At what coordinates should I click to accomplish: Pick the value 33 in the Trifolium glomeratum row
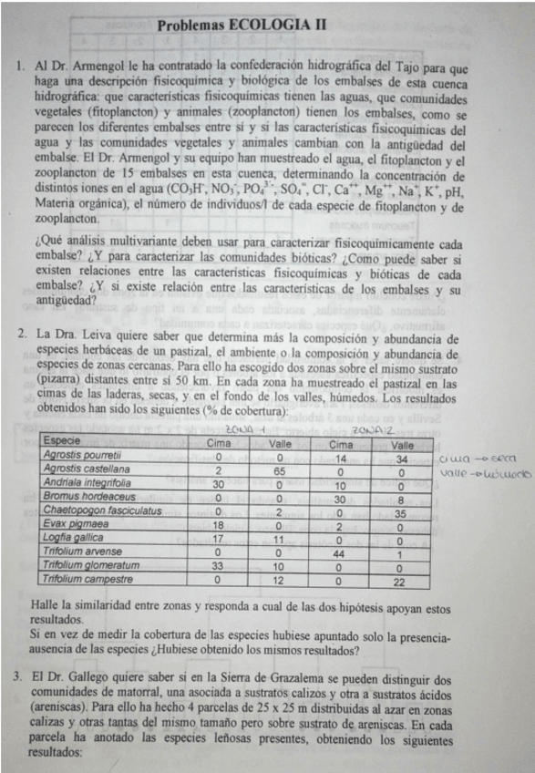point(217,565)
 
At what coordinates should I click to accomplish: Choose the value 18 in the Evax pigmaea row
point(217,526)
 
